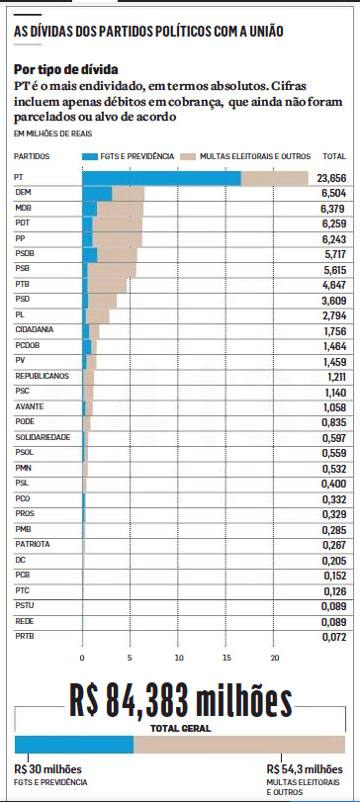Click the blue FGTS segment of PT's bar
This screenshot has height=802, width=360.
pos(161,179)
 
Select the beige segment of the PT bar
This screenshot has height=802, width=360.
pos(275,179)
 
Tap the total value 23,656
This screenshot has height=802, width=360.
pos(331,179)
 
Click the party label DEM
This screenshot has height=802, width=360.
pos(23,192)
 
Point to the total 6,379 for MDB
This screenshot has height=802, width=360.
pos(330,209)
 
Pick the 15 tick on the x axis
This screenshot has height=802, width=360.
pos(227,658)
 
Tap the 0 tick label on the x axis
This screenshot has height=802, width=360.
pos(82,658)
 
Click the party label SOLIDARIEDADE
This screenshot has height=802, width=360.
pos(43,437)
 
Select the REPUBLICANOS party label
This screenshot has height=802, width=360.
pos(42,376)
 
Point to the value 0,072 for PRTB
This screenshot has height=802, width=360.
pos(334,637)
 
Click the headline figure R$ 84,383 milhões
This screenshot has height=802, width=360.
pos(181,703)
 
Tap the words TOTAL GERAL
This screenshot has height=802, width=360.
pos(181,729)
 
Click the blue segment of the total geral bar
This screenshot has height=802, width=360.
pos(74,745)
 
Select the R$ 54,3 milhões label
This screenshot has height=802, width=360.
pos(305,769)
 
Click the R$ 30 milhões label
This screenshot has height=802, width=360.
pos(48,769)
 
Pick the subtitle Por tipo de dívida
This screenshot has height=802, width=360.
pos(66,69)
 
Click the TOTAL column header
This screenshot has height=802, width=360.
pos(334,156)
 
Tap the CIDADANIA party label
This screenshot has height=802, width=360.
pos(35,330)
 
